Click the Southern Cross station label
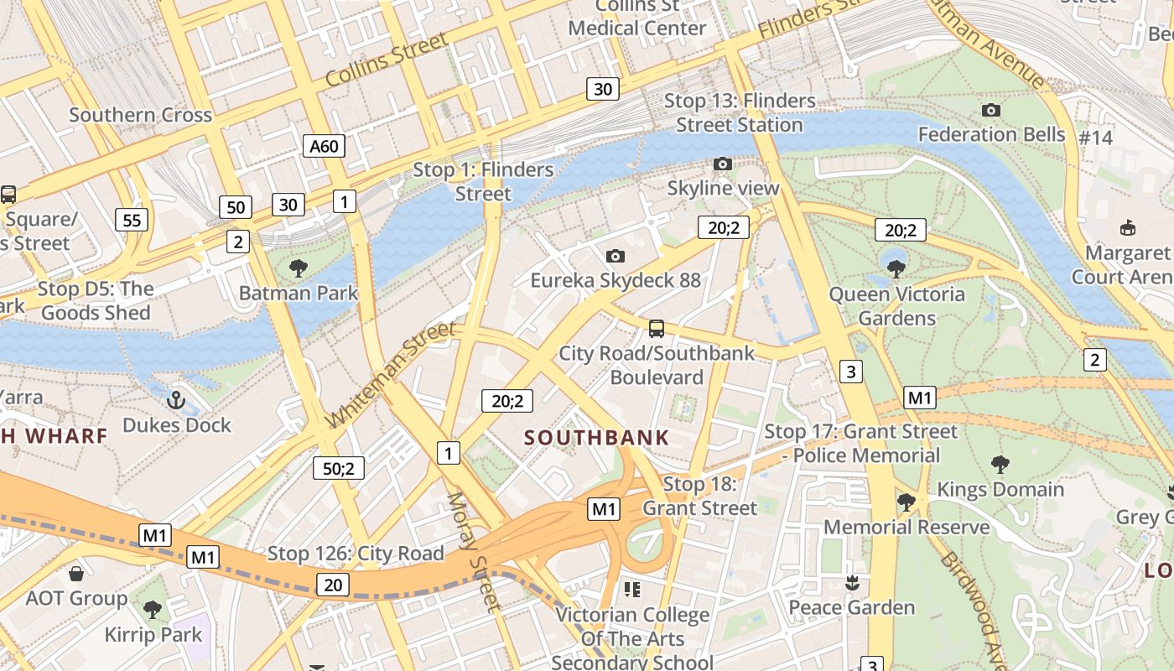click(140, 115)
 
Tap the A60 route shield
click(324, 147)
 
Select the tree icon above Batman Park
click(298, 268)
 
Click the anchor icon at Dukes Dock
click(176, 400)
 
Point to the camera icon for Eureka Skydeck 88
click(615, 256)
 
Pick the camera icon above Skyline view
click(722, 164)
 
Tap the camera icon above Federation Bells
click(990, 110)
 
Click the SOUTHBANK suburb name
click(596, 437)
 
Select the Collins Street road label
click(387, 60)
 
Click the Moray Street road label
click(473, 551)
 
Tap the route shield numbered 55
click(132, 221)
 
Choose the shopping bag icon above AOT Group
click(76, 574)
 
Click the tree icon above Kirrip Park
click(152, 609)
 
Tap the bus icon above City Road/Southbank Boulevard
click(657, 329)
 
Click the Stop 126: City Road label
click(356, 554)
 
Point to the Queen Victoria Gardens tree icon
click(896, 269)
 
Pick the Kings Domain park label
click(1000, 489)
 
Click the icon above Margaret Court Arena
click(1128, 228)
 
